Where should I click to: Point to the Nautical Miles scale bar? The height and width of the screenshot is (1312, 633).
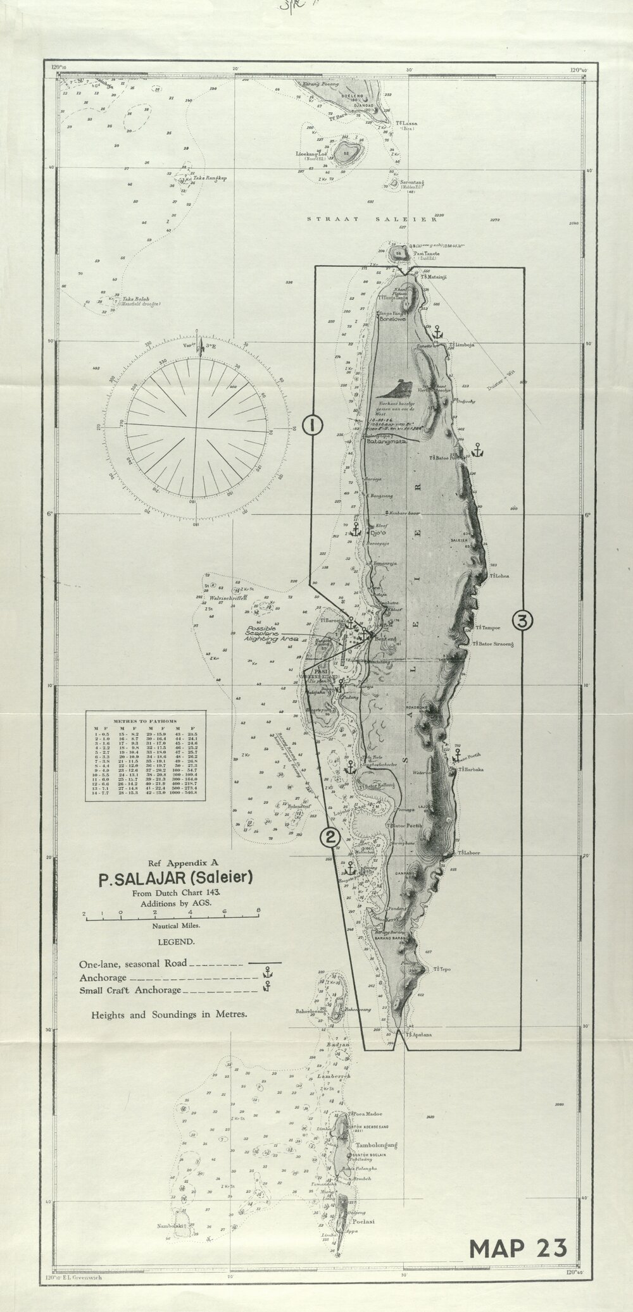(x=171, y=917)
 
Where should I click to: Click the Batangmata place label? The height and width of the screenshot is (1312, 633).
(x=386, y=443)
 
